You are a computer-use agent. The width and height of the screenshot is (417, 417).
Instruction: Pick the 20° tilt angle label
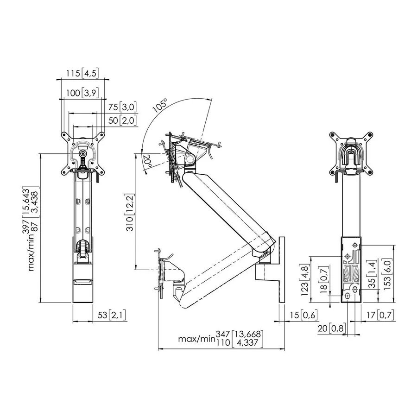tap(147, 162)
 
